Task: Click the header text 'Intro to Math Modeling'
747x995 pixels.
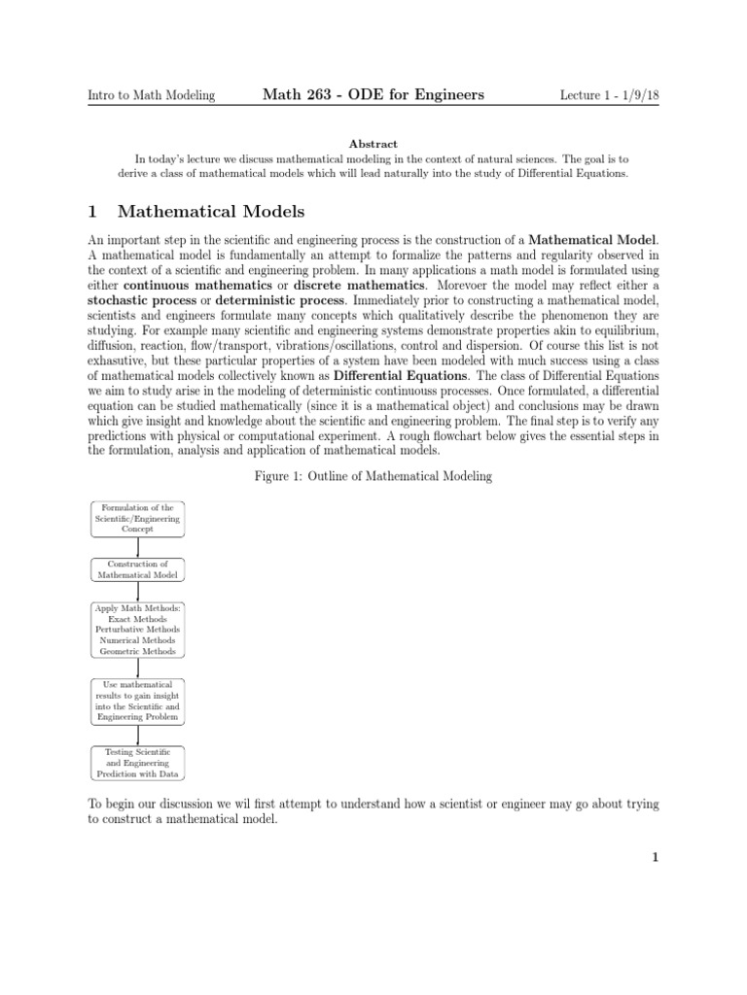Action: [151, 95]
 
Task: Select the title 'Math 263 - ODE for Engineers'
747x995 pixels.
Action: [373, 94]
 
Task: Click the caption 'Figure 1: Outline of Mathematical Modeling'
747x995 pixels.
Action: [373, 475]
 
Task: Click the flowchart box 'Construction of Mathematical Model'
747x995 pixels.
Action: [137, 569]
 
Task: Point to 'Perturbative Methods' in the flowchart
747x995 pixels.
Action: [137, 630]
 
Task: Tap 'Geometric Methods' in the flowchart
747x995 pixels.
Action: [137, 652]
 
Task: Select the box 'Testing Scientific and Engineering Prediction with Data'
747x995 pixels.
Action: [137, 764]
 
